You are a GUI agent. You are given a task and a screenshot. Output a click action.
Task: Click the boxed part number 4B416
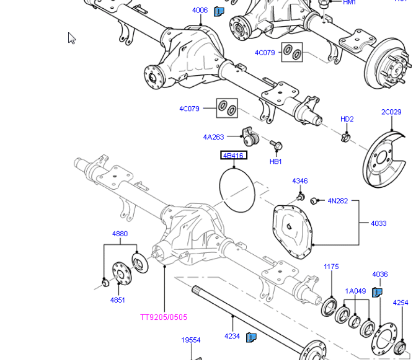click(233, 155)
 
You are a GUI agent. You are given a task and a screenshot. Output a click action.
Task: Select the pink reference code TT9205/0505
click(164, 317)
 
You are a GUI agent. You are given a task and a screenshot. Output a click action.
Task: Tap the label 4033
click(378, 223)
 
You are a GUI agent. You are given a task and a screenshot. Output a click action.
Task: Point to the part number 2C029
click(391, 112)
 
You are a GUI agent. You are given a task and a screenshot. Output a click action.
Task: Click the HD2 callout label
click(347, 119)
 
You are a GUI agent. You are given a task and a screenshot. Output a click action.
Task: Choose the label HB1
click(276, 161)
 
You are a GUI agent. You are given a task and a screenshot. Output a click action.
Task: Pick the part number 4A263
click(213, 137)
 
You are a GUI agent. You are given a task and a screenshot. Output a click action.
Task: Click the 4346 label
click(299, 181)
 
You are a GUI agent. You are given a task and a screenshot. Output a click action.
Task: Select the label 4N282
click(338, 201)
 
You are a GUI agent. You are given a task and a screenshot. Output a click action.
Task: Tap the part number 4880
click(120, 234)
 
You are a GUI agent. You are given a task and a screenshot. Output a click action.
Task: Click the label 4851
click(117, 300)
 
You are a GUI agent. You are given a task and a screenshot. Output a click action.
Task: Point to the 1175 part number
click(331, 267)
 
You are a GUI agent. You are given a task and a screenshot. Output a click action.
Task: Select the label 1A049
click(355, 291)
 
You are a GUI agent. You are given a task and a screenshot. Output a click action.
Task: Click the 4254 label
click(400, 303)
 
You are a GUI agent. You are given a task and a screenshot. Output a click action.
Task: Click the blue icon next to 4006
click(218, 11)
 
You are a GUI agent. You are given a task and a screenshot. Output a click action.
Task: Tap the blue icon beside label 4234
click(251, 337)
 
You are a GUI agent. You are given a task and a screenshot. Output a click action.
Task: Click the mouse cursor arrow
click(71, 38)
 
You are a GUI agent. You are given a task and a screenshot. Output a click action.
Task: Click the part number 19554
click(191, 340)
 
